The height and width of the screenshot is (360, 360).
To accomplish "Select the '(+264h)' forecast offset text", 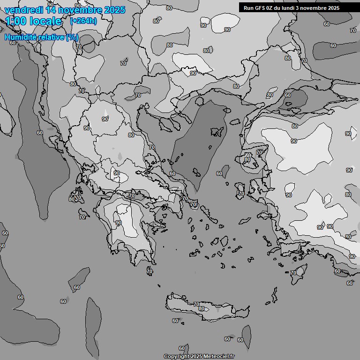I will click(83, 21).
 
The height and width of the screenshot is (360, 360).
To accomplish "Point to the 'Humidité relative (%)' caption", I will click(41, 37).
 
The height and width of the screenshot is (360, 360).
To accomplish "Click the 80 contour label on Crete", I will click(202, 308).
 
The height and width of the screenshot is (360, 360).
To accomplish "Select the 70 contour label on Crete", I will click(196, 304).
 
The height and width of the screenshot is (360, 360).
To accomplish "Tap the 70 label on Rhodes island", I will click(293, 273).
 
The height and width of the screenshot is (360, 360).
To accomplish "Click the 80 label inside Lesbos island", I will click(247, 159).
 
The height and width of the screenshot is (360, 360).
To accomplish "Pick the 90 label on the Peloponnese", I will click(119, 223).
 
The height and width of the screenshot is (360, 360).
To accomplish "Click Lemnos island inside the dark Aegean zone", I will click(217, 132).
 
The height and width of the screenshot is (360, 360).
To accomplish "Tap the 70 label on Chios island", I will click(241, 193).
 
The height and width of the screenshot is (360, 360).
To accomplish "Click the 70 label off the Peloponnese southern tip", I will click(150, 271).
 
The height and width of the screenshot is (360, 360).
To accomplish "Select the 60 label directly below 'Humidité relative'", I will click(13, 43).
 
